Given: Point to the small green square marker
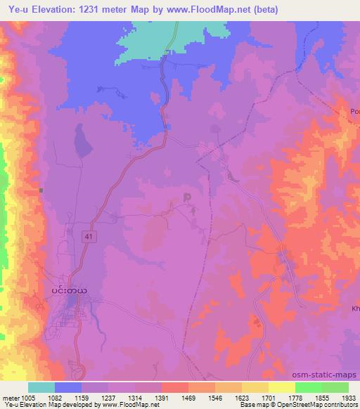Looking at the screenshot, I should click(41, 190).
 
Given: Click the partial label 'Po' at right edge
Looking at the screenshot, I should click(354, 111).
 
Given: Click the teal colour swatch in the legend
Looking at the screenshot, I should click(41, 387).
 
